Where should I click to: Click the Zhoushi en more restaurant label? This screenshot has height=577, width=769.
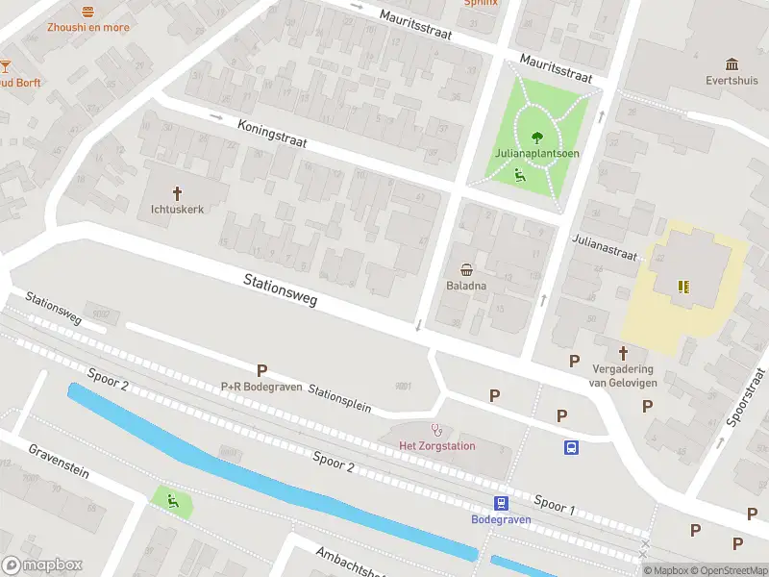87,27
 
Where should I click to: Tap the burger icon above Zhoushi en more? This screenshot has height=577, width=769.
88,11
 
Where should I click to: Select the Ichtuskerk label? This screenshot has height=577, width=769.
178,209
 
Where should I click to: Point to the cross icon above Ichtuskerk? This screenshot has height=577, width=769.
178,192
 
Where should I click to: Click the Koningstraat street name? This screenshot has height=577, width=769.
272,132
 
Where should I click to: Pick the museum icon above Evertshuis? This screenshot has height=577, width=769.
732,64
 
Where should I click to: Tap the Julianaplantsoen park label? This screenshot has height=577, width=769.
536,153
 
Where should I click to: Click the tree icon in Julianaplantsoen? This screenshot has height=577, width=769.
536,136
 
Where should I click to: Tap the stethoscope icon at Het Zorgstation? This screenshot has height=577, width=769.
437,430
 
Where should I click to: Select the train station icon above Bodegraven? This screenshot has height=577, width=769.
501,503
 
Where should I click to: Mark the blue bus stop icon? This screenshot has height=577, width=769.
571,447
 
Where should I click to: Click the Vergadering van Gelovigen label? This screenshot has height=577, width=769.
622,375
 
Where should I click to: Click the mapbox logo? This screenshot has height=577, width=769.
42,565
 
